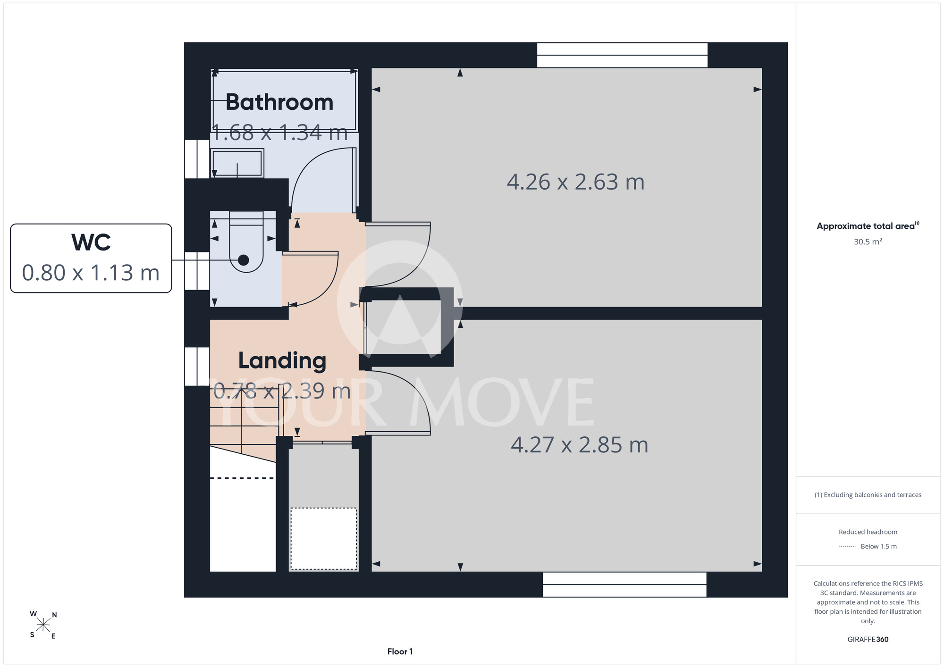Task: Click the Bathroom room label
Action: (x=279, y=102)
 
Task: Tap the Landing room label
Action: (x=282, y=361)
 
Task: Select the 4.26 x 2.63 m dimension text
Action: (x=576, y=182)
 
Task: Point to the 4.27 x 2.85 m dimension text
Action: (x=580, y=445)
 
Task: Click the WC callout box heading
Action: (x=91, y=242)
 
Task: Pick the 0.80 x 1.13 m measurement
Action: (x=91, y=273)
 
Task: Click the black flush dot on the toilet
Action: (x=244, y=260)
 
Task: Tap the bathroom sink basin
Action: (x=237, y=163)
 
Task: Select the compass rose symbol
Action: (x=43, y=625)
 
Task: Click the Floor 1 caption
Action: (x=400, y=651)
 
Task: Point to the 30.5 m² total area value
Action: (x=868, y=242)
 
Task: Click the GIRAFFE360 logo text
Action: (x=868, y=640)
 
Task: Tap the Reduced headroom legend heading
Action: (x=868, y=532)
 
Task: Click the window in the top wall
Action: (x=622, y=55)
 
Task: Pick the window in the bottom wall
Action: (x=624, y=584)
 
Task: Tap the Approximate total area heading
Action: (x=868, y=226)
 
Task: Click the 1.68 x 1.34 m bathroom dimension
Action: (x=279, y=133)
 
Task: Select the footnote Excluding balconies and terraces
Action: (x=868, y=495)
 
